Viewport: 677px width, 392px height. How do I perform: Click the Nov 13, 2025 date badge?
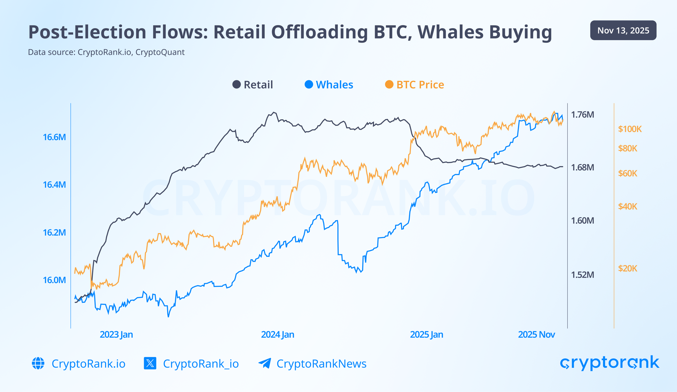(x=623, y=30)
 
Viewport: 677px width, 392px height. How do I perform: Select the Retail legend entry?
(x=253, y=85)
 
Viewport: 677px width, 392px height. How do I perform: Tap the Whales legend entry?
(x=329, y=85)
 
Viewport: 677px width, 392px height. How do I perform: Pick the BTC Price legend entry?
(x=414, y=85)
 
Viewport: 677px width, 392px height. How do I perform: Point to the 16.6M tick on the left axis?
(x=54, y=137)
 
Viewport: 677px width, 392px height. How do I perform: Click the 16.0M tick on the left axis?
(x=54, y=280)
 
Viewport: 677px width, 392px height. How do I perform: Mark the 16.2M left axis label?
(x=54, y=232)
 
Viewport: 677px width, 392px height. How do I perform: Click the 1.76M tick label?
(x=583, y=115)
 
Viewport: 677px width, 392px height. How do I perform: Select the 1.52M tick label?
(x=583, y=275)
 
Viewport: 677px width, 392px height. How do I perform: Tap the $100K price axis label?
(x=630, y=129)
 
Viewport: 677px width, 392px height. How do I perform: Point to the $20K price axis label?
(x=628, y=268)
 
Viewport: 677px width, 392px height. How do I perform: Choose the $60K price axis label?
(x=628, y=173)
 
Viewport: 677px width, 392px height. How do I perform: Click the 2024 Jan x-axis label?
(x=278, y=334)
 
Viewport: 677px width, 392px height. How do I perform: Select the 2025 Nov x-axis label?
(x=536, y=334)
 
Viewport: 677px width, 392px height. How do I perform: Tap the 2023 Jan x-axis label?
(x=116, y=334)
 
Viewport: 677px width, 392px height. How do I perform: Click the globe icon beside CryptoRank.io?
(x=38, y=363)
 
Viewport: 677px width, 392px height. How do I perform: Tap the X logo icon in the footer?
(x=150, y=363)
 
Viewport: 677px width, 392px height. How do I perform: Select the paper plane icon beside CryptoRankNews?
(x=265, y=363)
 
